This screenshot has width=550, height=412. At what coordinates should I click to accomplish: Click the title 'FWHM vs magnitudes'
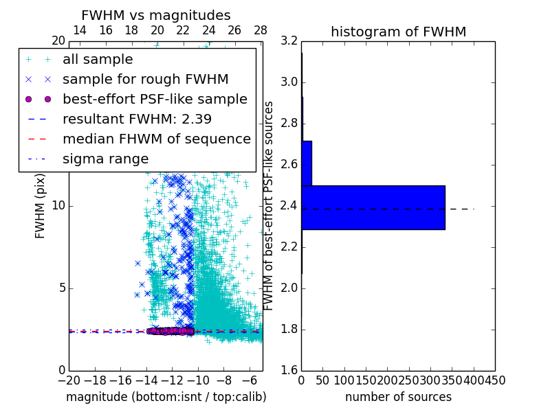(155, 15)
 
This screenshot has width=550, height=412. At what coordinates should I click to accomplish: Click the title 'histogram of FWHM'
(398, 32)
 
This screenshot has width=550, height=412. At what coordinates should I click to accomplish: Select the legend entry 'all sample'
(98, 60)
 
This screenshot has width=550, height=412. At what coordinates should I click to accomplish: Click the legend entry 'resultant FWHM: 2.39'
(137, 119)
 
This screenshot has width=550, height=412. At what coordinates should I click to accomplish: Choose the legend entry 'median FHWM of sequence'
(156, 139)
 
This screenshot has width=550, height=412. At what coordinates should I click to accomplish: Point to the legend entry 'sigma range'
(105, 159)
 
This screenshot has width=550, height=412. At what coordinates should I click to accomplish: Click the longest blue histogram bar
(373, 207)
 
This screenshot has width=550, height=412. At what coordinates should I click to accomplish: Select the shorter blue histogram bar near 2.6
(307, 163)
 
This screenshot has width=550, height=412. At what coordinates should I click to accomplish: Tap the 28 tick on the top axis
(261, 30)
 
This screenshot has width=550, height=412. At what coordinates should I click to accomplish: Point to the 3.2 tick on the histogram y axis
(289, 41)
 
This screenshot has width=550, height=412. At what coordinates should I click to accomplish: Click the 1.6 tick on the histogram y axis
(289, 371)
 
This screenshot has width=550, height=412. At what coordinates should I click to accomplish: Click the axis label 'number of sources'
(398, 397)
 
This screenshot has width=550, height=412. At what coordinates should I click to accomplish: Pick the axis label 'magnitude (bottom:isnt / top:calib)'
(166, 397)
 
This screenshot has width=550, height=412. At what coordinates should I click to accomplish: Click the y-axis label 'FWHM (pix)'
(41, 206)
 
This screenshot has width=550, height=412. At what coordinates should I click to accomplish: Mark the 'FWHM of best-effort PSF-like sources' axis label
(269, 206)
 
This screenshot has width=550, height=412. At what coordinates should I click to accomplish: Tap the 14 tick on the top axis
(80, 30)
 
